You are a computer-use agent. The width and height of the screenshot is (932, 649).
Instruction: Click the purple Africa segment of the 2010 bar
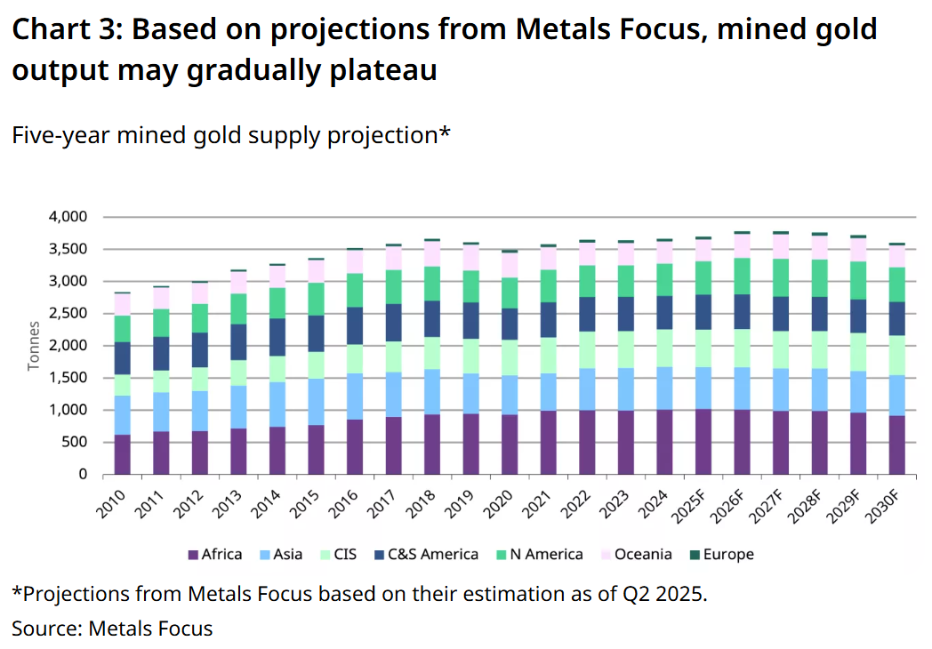[122, 454]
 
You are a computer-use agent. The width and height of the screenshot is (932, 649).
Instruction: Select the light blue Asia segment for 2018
[432, 392]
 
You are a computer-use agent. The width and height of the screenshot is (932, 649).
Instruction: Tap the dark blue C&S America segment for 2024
[665, 312]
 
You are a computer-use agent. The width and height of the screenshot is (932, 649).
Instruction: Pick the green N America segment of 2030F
[897, 284]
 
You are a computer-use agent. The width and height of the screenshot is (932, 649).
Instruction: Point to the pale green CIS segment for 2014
[277, 369]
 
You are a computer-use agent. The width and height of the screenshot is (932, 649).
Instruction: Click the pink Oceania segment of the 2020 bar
[510, 265]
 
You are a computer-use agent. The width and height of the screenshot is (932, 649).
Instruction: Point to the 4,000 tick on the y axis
[68, 217]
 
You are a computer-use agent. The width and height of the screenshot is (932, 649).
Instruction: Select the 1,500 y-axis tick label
[68, 378]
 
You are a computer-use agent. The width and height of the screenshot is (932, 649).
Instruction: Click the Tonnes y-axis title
[34, 346]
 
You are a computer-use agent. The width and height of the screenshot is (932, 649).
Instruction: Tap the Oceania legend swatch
[606, 555]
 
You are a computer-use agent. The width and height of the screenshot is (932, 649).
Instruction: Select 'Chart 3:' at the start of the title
[66, 30]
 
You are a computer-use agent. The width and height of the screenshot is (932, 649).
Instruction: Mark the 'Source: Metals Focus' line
[112, 629]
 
